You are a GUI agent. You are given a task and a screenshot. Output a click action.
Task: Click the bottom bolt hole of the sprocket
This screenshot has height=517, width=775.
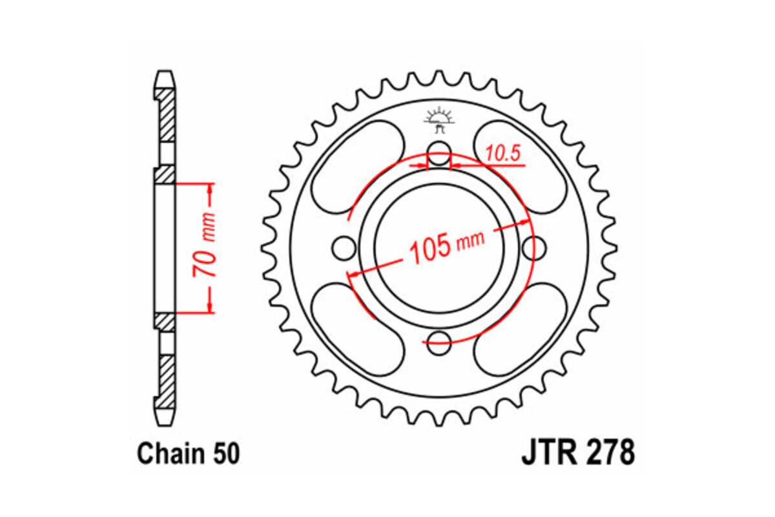click(439, 340)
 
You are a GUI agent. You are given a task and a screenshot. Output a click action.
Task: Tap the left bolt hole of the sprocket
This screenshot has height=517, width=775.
click(344, 247)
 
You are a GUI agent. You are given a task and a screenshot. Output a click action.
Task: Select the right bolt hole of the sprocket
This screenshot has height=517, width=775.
click(534, 247)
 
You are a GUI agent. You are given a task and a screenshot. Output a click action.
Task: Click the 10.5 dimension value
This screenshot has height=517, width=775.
click(502, 154)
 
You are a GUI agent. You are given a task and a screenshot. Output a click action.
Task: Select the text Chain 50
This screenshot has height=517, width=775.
click(188, 454)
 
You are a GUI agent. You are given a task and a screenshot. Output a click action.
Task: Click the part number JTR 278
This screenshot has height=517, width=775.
click(577, 454)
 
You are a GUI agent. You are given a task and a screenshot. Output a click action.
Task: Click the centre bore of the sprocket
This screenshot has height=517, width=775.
click(439, 247)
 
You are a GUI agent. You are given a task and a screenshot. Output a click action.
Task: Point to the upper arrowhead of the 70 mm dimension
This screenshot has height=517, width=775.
click(210, 189)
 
